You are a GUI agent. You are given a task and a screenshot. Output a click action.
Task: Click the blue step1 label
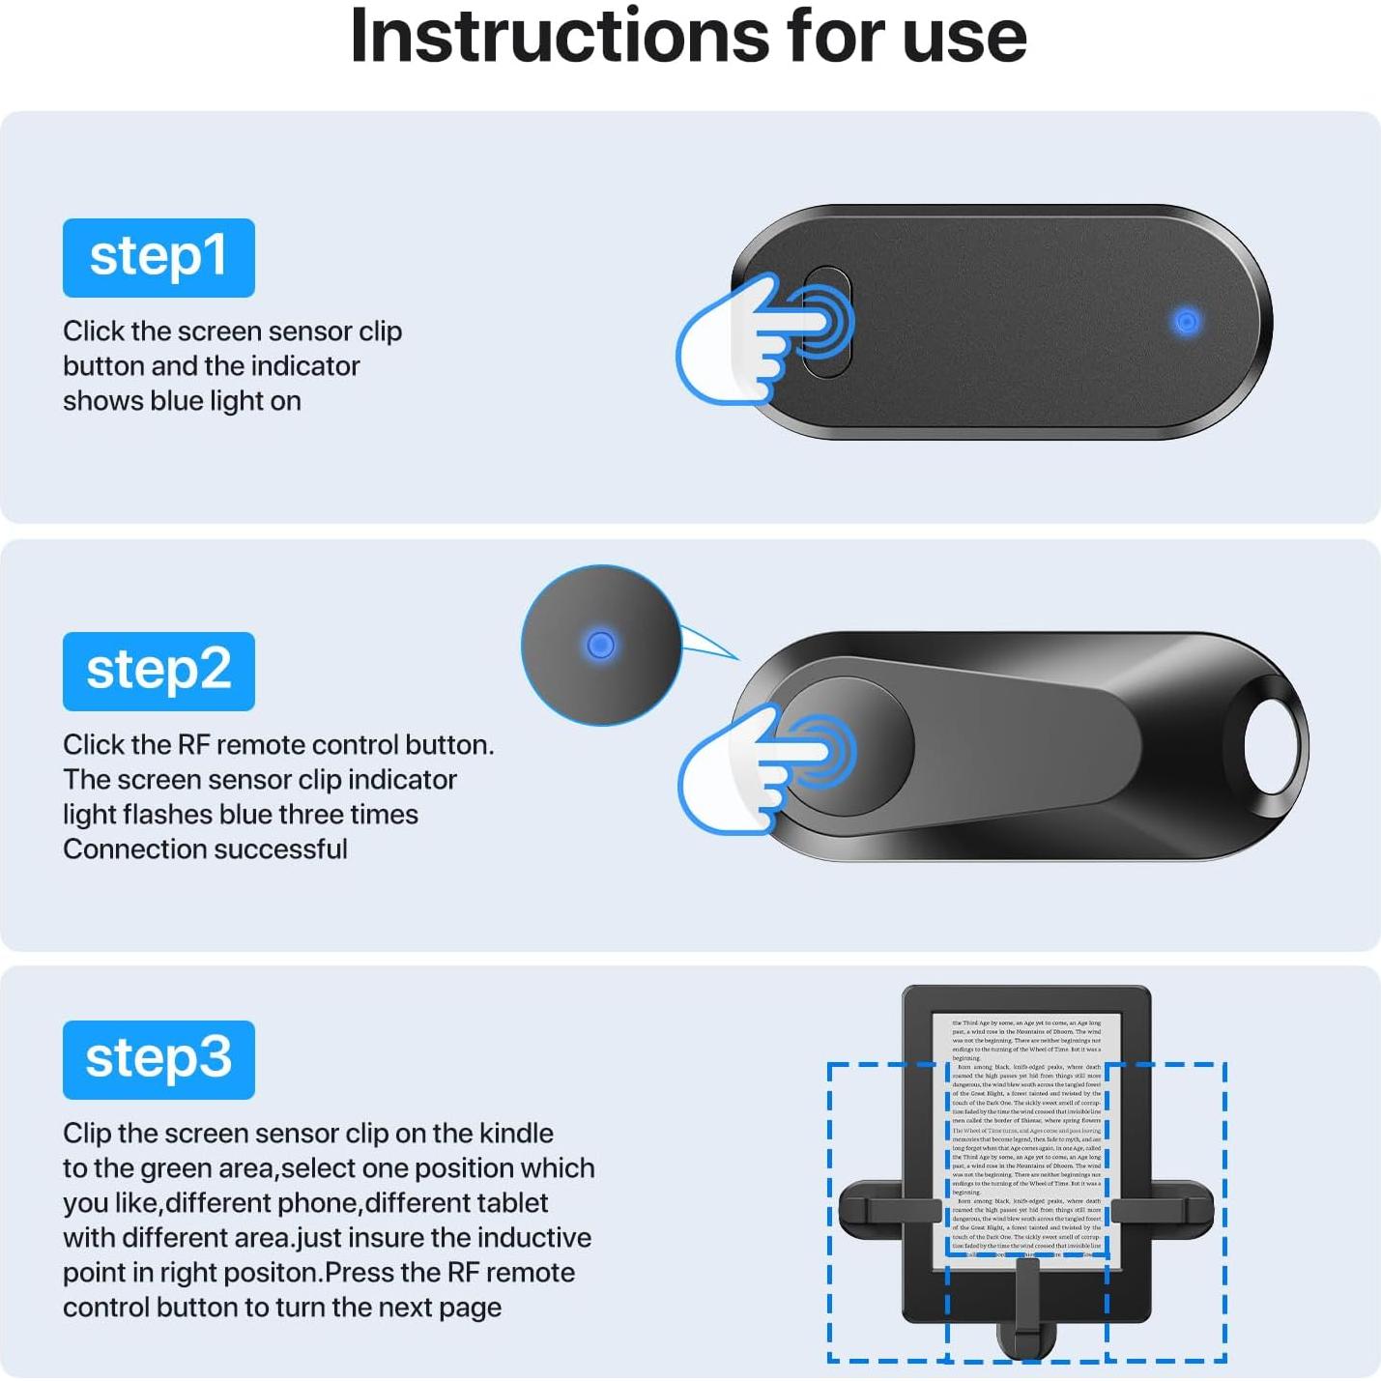[158, 257]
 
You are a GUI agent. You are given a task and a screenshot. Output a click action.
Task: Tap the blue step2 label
[158, 671]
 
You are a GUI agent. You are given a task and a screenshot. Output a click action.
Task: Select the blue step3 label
[158, 1059]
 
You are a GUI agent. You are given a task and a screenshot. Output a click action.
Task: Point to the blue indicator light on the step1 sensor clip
[1187, 322]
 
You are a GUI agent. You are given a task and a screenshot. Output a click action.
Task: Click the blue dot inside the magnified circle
[600, 645]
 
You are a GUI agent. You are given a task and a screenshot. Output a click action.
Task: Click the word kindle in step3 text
[516, 1133]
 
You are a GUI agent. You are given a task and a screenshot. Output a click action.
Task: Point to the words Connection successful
[205, 849]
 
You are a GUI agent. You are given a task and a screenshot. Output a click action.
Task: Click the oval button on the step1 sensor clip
[827, 322]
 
